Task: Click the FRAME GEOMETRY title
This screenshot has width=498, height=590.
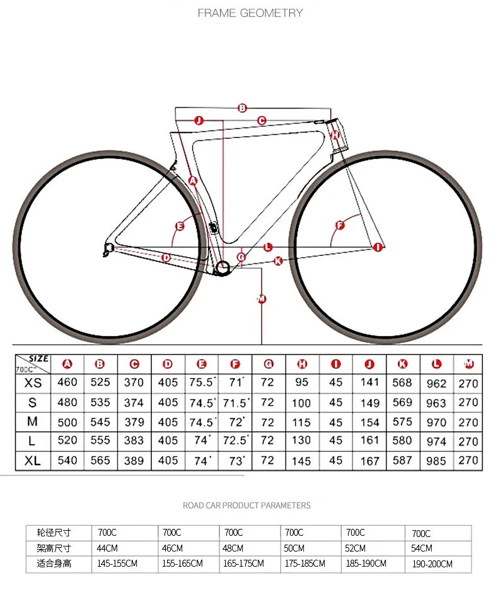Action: click(250, 13)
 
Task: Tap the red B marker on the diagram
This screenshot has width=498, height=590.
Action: click(242, 108)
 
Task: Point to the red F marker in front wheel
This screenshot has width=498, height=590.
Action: click(340, 225)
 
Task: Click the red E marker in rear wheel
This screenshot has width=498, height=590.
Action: click(180, 226)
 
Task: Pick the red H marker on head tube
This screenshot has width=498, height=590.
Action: click(335, 135)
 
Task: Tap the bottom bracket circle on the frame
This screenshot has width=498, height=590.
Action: click(222, 269)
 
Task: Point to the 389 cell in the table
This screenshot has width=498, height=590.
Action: click(134, 461)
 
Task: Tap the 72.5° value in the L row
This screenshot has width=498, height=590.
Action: click(236, 441)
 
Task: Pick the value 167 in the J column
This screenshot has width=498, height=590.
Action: click(369, 461)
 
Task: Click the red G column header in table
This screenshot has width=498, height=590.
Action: click(269, 364)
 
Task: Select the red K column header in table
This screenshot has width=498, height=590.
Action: click(402, 364)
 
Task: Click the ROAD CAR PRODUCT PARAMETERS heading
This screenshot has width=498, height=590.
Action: click(246, 505)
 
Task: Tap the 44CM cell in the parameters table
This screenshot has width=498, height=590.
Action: click(108, 548)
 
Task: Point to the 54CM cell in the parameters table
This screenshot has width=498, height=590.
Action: click(422, 548)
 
